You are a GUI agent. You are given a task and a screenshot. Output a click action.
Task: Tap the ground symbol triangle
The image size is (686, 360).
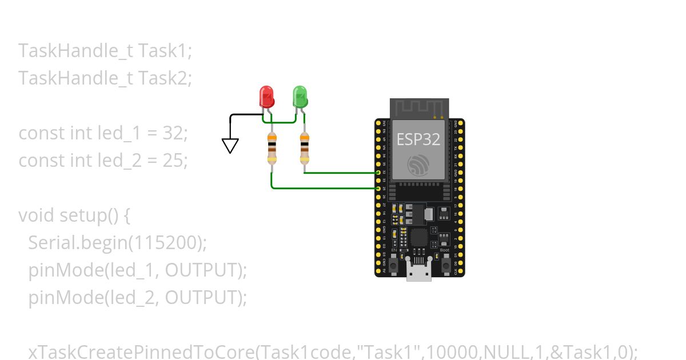[230, 146]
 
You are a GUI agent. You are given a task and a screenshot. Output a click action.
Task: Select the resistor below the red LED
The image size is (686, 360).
[272, 148]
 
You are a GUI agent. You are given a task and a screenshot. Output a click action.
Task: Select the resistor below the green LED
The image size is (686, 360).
[304, 148]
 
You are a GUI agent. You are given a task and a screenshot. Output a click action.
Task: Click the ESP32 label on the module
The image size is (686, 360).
[419, 140]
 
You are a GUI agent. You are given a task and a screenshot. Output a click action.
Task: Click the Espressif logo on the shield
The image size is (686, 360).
[419, 166]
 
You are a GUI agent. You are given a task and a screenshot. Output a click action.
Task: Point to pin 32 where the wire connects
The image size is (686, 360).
[378, 172]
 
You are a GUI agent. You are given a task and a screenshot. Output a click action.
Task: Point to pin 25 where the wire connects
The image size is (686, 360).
[378, 188]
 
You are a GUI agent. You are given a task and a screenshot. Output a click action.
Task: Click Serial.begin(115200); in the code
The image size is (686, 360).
[117, 243]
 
